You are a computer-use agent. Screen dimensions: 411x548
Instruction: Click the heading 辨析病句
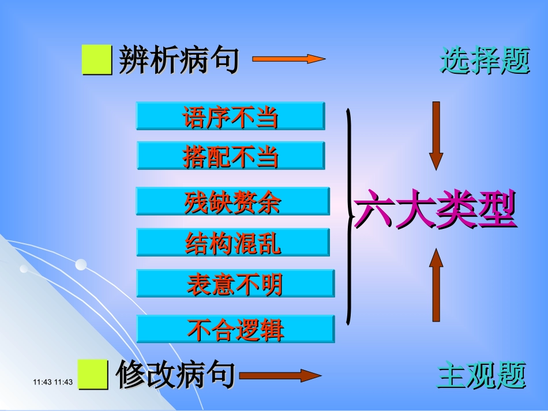coord(178,61)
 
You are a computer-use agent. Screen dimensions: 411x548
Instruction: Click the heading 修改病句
coord(175,375)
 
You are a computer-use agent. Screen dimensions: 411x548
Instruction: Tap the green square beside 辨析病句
coord(97,61)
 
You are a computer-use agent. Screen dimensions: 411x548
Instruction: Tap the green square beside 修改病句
coord(93,375)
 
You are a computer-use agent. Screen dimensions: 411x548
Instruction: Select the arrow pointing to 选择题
coord(288,59)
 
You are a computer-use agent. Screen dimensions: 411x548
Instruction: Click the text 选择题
coord(485,61)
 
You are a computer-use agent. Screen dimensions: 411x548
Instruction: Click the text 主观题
coord(482,375)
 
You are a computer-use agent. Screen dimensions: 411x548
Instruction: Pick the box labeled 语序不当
coord(230,116)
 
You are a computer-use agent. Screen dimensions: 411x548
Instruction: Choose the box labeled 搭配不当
coord(231,156)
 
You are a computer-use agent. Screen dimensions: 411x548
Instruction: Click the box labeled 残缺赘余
coord(232,201)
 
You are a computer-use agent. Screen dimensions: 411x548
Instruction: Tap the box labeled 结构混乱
coord(232,242)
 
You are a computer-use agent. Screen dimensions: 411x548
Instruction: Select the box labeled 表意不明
coord(235,283)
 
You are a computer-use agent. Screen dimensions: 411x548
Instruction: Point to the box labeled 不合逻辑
coord(235,329)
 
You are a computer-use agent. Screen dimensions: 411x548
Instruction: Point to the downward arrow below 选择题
coord(436,135)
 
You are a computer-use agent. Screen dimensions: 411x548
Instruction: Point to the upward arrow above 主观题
coord(437,285)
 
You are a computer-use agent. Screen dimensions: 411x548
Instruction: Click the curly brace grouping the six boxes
coord(349,216)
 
